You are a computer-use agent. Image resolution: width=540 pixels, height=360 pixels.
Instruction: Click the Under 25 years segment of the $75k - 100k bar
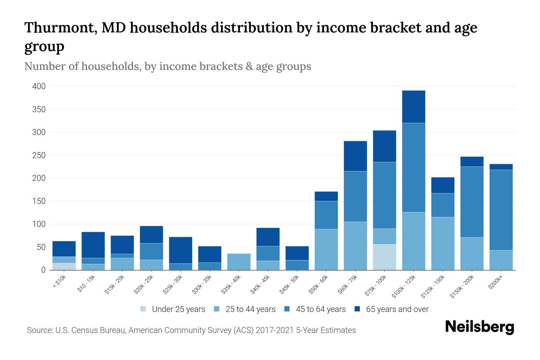tap(384, 257)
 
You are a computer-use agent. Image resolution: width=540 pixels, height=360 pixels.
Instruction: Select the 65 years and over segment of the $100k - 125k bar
tap(413, 107)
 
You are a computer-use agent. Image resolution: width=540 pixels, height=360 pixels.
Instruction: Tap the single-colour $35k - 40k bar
tap(239, 262)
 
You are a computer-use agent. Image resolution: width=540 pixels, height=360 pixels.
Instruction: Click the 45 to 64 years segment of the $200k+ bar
tap(501, 210)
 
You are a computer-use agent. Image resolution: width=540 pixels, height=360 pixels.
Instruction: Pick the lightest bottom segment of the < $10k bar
tap(64, 266)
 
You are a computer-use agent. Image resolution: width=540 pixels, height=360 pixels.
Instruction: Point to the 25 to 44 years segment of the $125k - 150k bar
tap(442, 244)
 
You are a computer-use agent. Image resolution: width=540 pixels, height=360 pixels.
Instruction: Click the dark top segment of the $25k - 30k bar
tap(180, 250)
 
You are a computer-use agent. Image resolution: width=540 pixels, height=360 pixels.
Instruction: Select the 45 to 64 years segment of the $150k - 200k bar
tap(472, 202)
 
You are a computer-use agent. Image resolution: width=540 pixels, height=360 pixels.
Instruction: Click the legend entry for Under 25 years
tap(173, 309)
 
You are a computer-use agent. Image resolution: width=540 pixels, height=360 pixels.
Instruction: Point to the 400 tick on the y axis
tap(39, 86)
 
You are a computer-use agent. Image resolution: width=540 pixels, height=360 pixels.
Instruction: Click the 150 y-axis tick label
tap(39, 201)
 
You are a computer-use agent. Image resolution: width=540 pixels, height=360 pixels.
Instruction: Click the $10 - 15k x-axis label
tap(86, 283)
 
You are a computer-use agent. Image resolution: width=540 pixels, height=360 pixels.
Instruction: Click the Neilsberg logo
tap(479, 327)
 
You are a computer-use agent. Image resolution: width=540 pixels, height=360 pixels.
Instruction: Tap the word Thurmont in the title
tap(60, 28)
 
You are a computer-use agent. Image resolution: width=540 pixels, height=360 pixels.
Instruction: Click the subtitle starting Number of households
tap(167, 66)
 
